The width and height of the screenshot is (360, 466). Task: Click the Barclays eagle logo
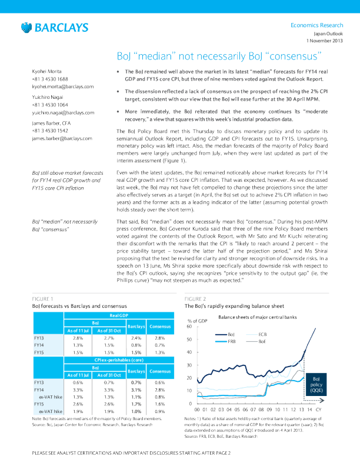[26, 28]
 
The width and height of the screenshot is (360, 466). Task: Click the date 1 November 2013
[324, 41]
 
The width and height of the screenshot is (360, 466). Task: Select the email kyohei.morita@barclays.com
[62, 86]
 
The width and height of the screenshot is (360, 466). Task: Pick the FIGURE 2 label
[195, 299]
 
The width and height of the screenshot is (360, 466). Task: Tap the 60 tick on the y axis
[189, 327]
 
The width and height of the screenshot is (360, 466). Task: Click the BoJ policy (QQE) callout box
[316, 385]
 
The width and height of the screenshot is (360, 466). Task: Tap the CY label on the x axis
[318, 408]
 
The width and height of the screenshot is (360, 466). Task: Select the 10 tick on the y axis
[189, 391]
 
